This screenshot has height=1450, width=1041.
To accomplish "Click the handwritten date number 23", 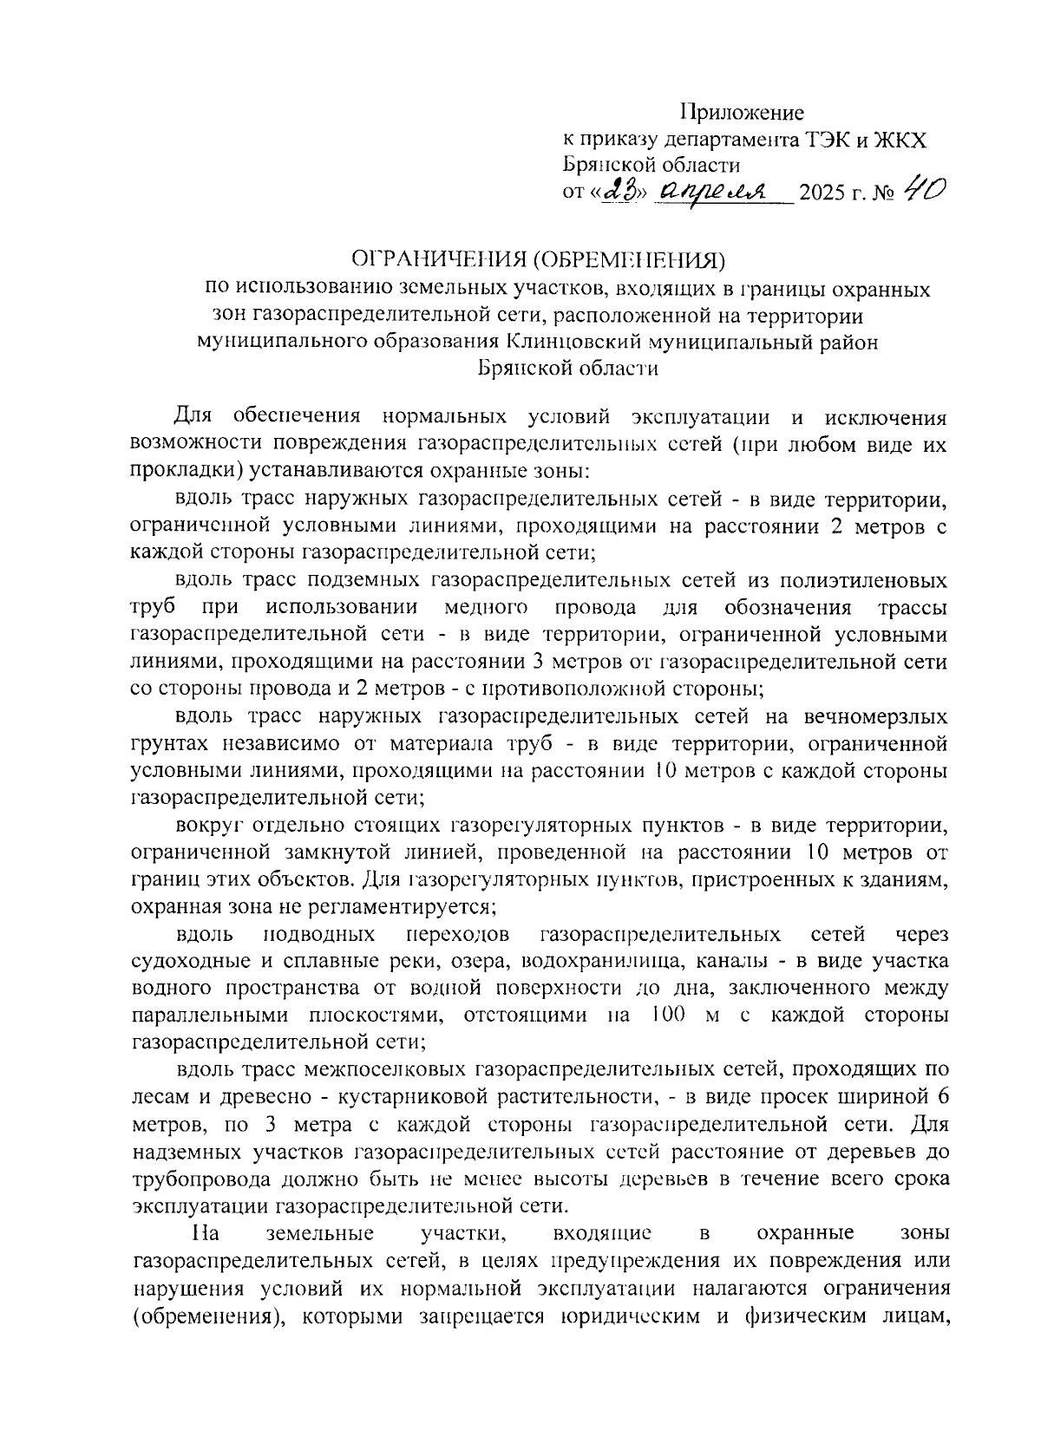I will [619, 190].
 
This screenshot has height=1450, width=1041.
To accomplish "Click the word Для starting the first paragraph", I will [193, 416].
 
